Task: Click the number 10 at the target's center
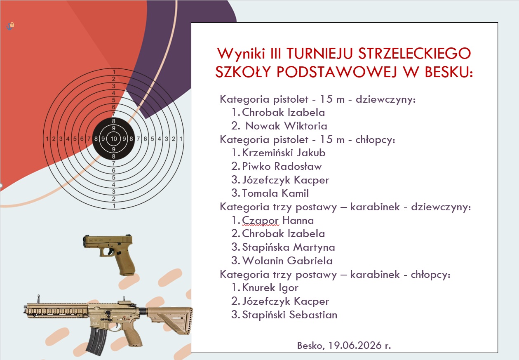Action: coord(113,139)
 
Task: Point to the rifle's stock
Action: coord(171,320)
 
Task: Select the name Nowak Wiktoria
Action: coord(286,126)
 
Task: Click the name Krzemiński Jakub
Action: coord(284,153)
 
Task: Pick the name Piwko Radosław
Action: coord(282,166)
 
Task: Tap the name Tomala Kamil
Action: coord(275,193)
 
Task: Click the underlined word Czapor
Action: coord(261,221)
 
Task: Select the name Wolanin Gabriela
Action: coord(287,261)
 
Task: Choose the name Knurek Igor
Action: coord(270,288)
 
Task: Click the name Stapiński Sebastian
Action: coord(290,315)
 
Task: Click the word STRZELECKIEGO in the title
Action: coord(415,53)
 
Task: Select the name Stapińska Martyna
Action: coord(289,247)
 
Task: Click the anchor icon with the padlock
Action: coord(10,26)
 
